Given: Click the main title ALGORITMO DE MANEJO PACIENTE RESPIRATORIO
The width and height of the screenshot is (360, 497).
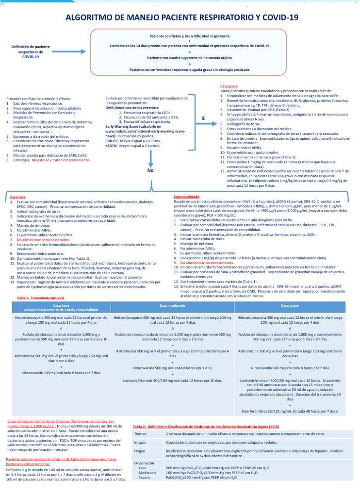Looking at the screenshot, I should [x=182, y=18].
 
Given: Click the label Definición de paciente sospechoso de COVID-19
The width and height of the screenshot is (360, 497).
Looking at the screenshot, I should [x=30, y=51].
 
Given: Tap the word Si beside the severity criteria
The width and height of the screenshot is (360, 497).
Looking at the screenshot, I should [x=204, y=118].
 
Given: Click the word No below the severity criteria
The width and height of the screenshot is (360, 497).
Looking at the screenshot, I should [x=150, y=170].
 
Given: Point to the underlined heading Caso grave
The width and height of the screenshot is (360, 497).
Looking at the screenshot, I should [x=226, y=86].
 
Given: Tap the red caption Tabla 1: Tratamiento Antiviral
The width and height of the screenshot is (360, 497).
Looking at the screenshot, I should [x=40, y=298].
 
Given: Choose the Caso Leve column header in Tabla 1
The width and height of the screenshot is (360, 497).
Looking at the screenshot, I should [x=61, y=307].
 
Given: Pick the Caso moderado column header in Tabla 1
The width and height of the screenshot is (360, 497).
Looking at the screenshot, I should [x=173, y=306].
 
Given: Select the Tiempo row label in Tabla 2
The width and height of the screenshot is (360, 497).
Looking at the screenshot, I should [x=140, y=433].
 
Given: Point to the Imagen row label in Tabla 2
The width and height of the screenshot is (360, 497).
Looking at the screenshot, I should [x=140, y=442].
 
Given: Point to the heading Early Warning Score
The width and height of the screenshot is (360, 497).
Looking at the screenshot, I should [x=125, y=126].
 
